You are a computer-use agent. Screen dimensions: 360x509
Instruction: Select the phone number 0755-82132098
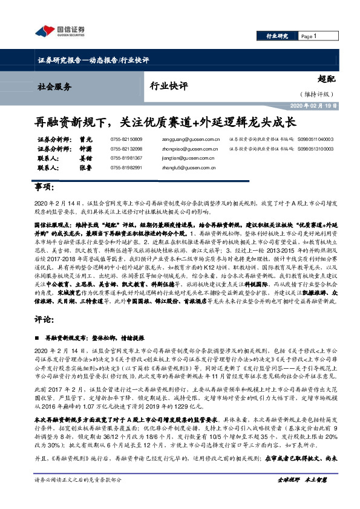click(x=126, y=148)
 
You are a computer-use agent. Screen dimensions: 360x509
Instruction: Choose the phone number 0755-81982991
click(x=126, y=167)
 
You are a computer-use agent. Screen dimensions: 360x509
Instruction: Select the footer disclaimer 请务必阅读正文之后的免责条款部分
click(x=79, y=497)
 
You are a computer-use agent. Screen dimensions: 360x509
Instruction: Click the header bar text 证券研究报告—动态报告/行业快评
click(x=93, y=60)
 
